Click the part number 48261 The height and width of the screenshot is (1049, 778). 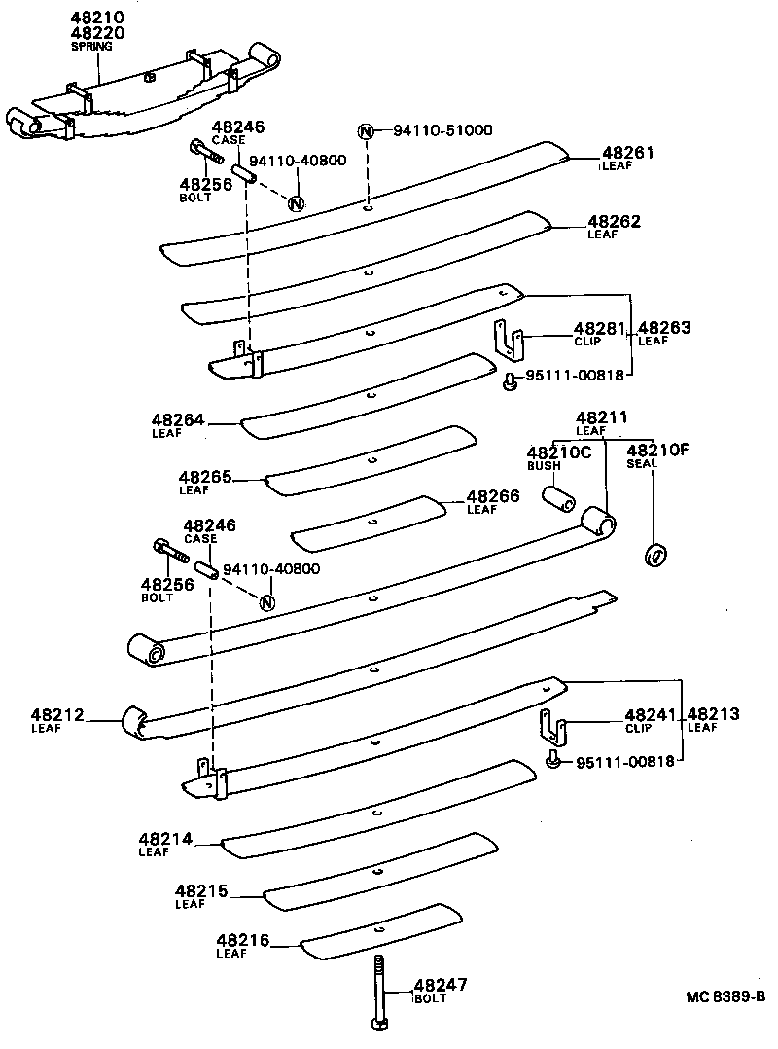627,153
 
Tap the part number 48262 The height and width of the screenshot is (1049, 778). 614,222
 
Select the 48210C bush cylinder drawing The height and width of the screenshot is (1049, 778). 556,498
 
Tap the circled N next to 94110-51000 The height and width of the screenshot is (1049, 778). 367,131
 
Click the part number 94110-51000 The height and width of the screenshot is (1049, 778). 442,130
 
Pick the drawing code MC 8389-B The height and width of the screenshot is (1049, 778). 725,995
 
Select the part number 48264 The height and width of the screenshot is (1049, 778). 177,421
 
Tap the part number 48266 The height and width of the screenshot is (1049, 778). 493,496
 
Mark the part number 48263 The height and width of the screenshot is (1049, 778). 664,329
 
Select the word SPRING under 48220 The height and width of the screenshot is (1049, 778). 91,46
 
